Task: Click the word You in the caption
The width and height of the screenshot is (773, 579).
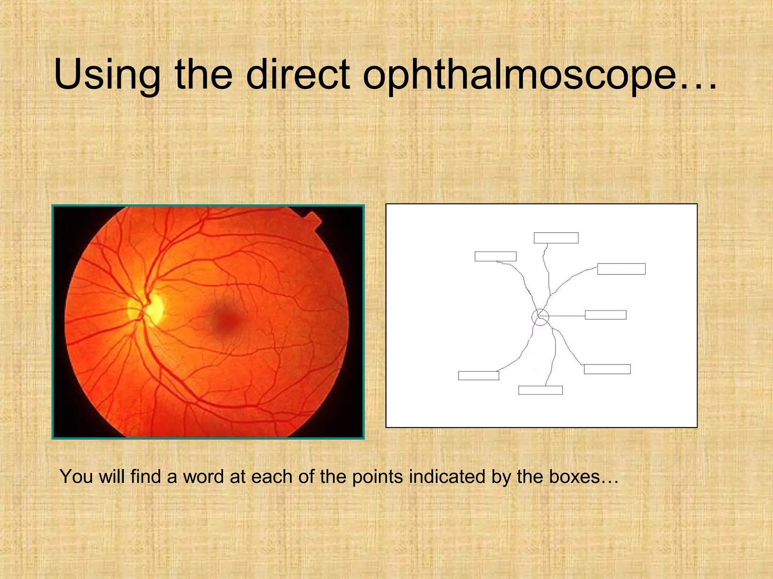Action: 76,477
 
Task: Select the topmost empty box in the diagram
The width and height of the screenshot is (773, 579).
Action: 556,238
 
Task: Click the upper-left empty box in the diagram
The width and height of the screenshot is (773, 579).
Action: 495,256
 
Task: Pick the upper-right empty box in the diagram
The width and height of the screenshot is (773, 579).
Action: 621,269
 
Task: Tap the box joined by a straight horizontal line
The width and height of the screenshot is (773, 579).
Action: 605,315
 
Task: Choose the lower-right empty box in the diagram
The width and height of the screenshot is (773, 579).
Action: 607,369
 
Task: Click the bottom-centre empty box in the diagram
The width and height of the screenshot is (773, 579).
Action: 540,390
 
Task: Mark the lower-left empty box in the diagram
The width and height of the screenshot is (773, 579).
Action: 479,375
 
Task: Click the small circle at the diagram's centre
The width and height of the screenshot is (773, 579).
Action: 540,317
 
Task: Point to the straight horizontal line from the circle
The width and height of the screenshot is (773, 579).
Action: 564,316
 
